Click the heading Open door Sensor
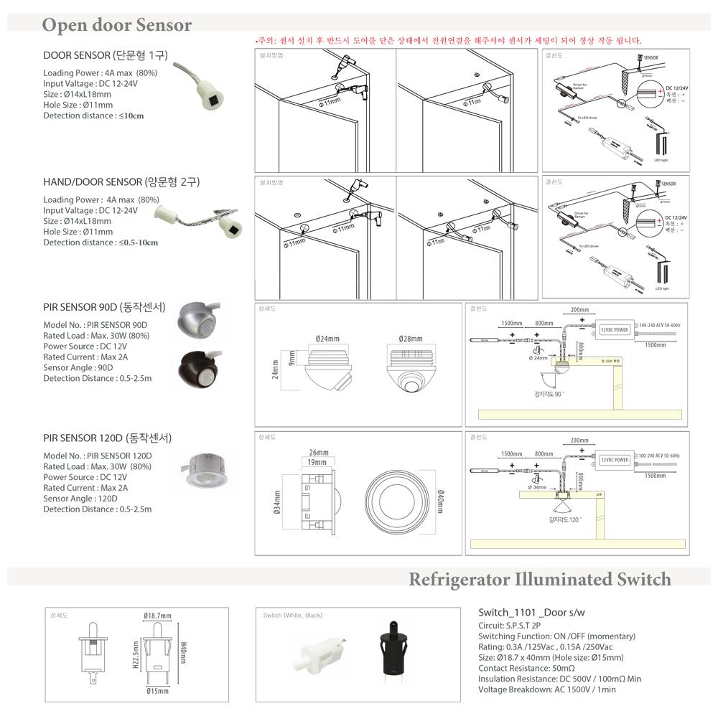pyautogui.click(x=116, y=26)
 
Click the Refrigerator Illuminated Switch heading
pyautogui.click(x=539, y=579)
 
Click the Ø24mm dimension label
pyautogui.click(x=327, y=338)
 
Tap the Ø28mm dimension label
pyautogui.click(x=411, y=338)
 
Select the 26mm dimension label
pyautogui.click(x=318, y=453)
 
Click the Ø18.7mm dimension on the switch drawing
pyautogui.click(x=157, y=616)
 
